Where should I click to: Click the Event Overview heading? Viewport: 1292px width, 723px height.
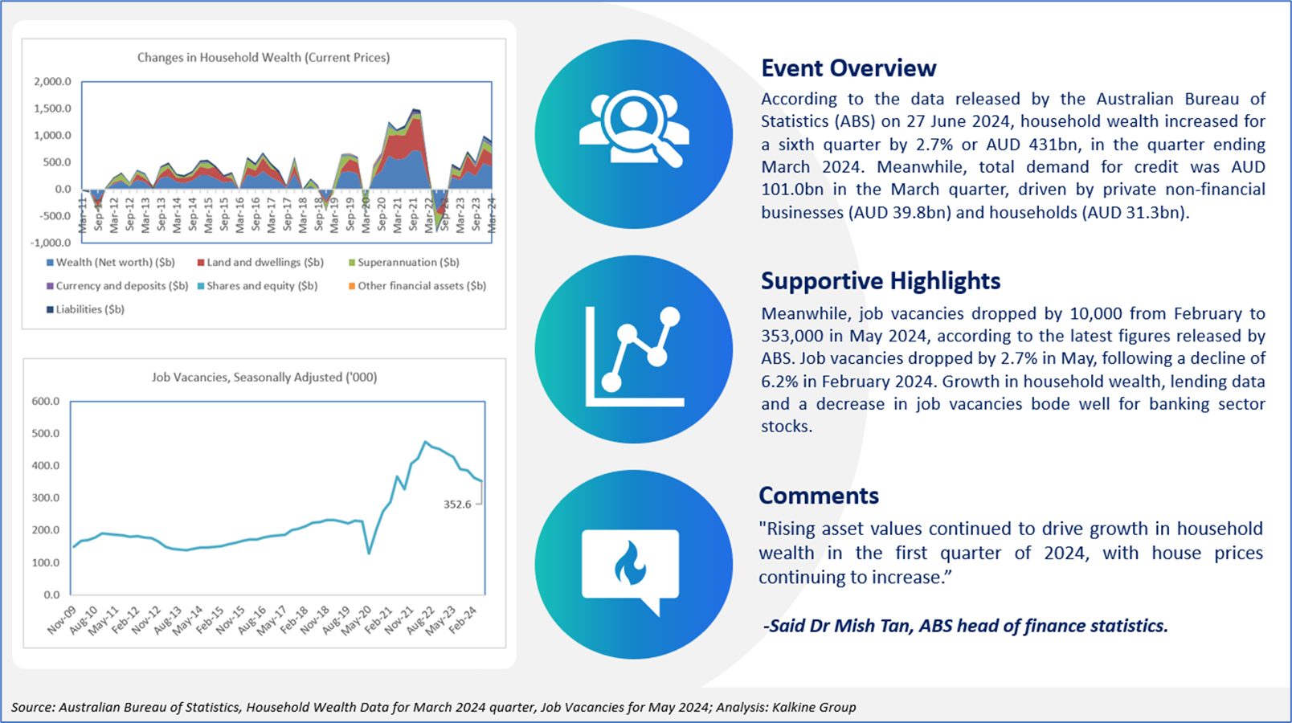tap(848, 68)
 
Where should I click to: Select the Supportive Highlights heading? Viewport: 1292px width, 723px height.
tap(880, 281)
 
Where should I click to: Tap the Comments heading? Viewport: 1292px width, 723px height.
tap(819, 496)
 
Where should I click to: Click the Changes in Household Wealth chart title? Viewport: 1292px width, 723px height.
tap(264, 58)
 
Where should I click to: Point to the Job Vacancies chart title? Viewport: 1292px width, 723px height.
tap(264, 377)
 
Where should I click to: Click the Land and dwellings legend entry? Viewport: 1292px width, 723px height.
tap(260, 263)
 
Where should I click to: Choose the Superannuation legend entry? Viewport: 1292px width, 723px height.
tap(403, 263)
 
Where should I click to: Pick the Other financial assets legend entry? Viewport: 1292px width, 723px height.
tap(417, 286)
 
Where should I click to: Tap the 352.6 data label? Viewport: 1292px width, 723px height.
tap(457, 504)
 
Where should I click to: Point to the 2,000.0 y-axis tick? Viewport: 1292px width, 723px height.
tap(52, 81)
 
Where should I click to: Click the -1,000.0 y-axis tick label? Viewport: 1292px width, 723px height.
tap(51, 243)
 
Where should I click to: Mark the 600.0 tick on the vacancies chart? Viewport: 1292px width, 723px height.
tap(46, 402)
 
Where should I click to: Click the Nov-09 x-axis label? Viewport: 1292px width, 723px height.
tap(62, 620)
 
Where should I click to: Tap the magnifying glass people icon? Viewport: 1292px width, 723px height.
tap(634, 129)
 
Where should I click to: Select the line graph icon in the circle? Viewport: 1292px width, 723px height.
tap(634, 357)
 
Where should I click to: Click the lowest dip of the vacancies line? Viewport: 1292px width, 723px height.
tap(369, 553)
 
